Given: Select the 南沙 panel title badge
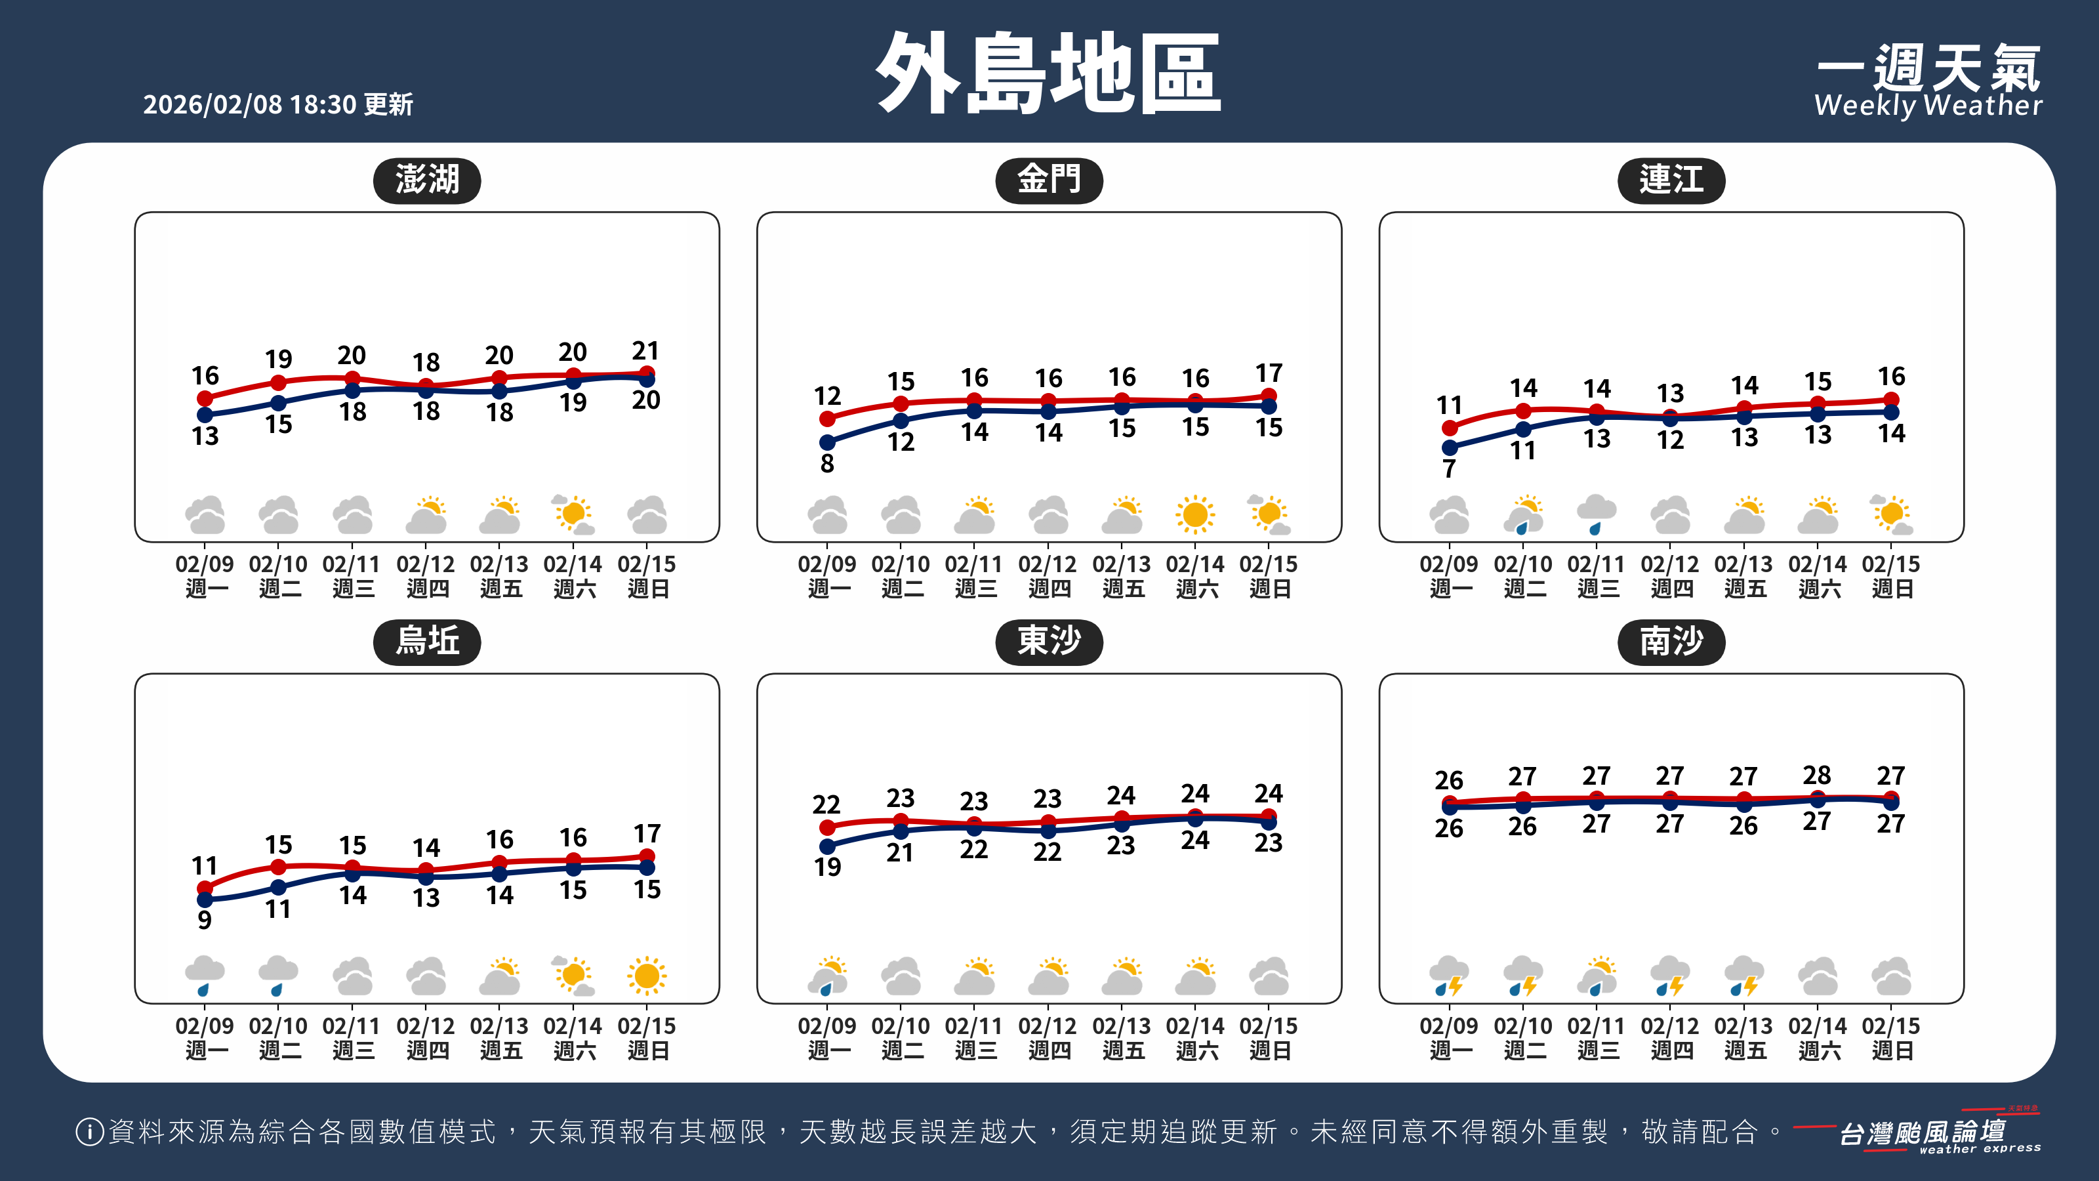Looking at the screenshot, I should (1671, 642).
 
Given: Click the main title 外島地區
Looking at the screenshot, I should (1049, 73).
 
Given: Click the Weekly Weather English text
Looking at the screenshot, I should (1928, 106).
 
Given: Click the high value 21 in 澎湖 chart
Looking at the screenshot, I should (645, 351).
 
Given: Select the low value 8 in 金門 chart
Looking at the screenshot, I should (827, 464).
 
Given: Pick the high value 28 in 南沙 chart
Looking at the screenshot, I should (1816, 775).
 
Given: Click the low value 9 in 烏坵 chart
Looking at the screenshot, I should (205, 920).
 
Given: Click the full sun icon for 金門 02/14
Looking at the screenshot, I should (1194, 514).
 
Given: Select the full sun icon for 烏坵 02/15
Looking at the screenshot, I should (647, 976).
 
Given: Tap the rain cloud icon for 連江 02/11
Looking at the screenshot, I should (1597, 514).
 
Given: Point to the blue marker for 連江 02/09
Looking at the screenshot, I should (1449, 447).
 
